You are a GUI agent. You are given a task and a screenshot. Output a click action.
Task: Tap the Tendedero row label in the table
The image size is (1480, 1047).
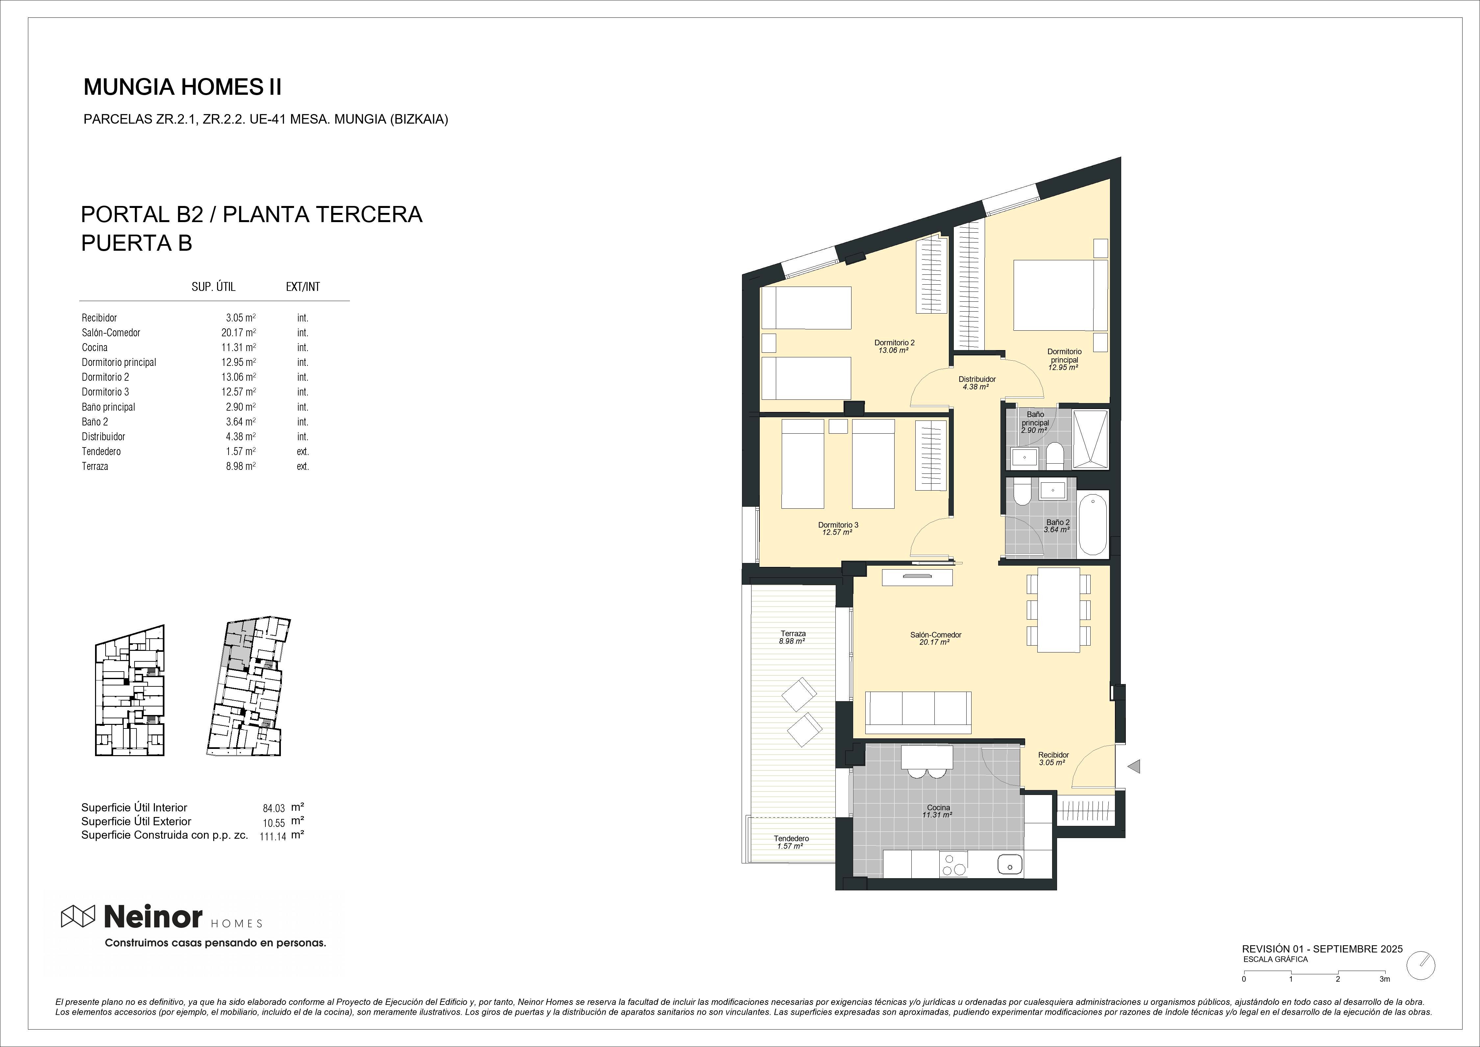(x=101, y=451)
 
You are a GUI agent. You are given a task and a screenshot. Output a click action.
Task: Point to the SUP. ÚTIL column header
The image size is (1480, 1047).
(x=213, y=287)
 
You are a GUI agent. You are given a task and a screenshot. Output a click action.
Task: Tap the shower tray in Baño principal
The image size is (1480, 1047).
(x=1090, y=439)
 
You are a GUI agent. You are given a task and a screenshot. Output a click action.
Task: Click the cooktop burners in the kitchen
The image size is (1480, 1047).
(x=953, y=864)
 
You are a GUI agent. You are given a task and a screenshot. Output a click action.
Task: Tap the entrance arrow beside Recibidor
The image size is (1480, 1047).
(x=1134, y=767)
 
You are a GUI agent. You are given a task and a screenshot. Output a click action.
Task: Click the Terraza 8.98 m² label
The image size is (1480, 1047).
(x=792, y=637)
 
